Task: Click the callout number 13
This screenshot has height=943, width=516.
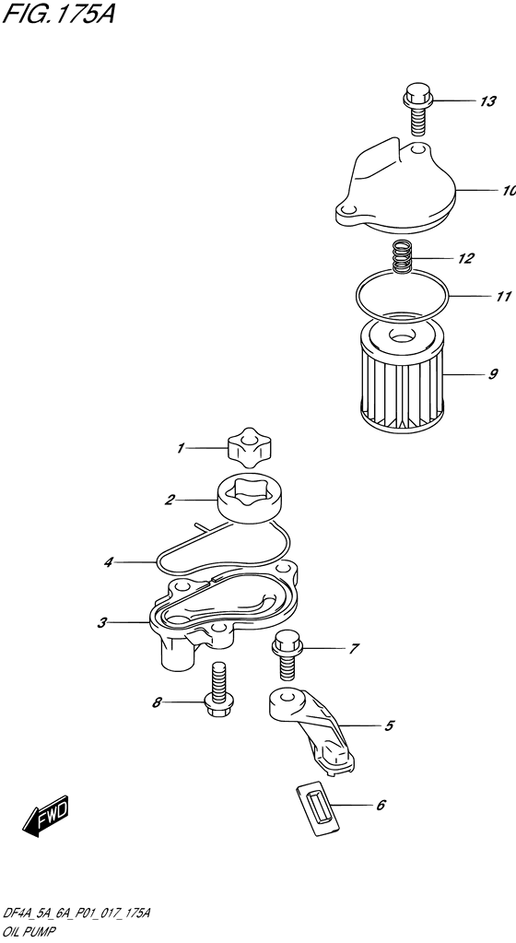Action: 487,101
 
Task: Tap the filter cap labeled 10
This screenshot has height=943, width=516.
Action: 396,185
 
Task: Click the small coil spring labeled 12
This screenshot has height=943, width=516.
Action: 402,257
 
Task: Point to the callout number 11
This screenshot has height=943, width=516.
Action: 503,297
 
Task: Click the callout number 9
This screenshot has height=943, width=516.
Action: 493,374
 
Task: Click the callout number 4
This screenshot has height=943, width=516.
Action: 108,563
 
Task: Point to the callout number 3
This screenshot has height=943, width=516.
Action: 102,623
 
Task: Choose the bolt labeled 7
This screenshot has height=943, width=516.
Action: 287,654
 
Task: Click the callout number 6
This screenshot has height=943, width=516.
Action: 380,806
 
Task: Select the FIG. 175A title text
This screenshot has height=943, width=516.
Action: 58,13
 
